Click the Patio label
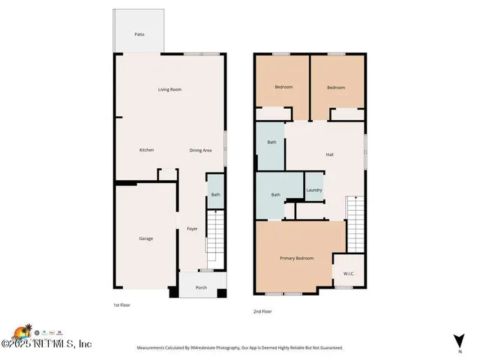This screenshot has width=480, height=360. (139, 34)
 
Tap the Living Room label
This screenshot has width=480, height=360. (169, 90)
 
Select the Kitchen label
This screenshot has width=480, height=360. (146, 150)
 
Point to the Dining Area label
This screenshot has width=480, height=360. (200, 150)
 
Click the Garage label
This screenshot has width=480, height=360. (145, 238)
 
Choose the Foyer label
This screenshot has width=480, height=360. (192, 229)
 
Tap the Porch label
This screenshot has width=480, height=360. (201, 288)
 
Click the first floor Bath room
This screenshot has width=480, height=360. (215, 195)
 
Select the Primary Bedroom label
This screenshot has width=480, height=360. (296, 258)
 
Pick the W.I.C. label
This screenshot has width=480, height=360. (349, 273)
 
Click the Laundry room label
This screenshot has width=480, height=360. (313, 190)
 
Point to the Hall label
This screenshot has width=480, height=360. (329, 154)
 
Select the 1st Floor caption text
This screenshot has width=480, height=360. (122, 306)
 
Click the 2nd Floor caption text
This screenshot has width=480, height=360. (262, 311)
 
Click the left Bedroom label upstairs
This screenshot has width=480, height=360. (283, 88)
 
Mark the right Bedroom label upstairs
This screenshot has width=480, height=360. (336, 88)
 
